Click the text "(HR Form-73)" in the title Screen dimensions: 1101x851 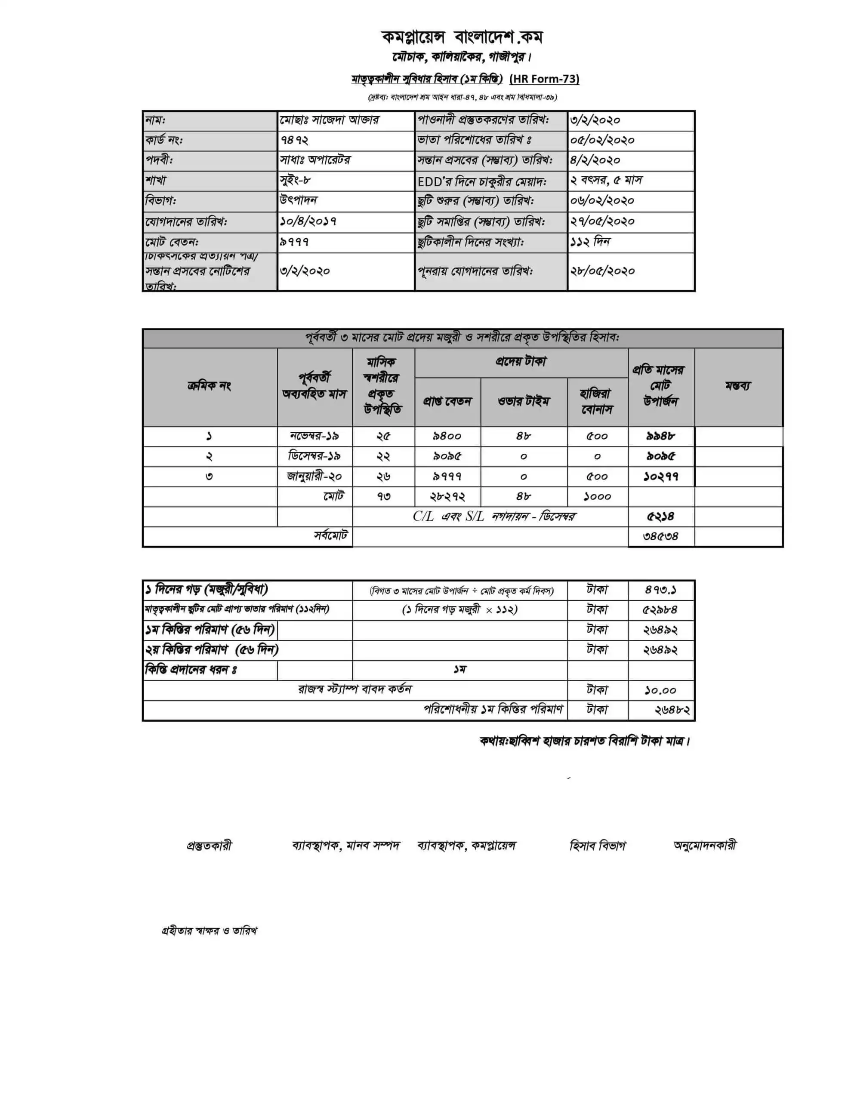(x=544, y=79)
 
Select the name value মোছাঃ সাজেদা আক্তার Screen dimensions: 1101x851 (x=330, y=120)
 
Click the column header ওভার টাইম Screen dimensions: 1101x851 (x=524, y=401)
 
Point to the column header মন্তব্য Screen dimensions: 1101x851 (x=738, y=386)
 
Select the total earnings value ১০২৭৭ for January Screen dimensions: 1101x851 (x=660, y=477)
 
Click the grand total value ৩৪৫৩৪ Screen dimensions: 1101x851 (x=660, y=536)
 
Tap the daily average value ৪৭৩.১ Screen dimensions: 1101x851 (x=660, y=589)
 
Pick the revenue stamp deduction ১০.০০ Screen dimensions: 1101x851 (x=660, y=690)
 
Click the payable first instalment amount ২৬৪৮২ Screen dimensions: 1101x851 (x=672, y=710)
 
